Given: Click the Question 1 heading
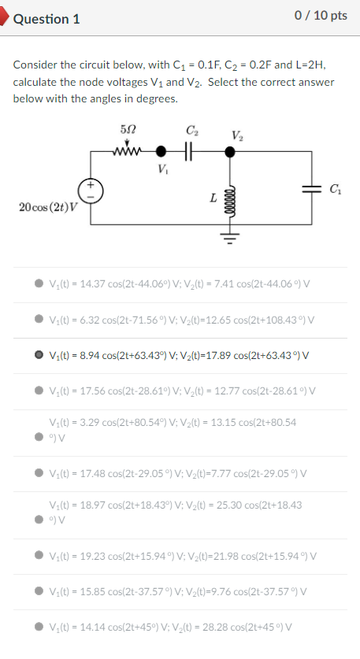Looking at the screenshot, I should pos(46,20).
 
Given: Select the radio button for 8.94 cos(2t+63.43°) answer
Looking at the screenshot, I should pos(39,355).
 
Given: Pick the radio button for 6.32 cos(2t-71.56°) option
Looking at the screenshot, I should pos(39,320).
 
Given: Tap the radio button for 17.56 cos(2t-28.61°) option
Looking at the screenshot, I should pos(39,391).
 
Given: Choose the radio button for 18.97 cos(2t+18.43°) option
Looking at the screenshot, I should pos(39,520).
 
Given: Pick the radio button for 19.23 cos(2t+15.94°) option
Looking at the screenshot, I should pos(39,556).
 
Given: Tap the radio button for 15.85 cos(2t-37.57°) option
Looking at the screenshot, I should pos(39,591).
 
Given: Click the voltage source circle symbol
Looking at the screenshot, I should pos(90,191).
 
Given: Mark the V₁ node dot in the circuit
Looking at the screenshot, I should pos(163,150).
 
